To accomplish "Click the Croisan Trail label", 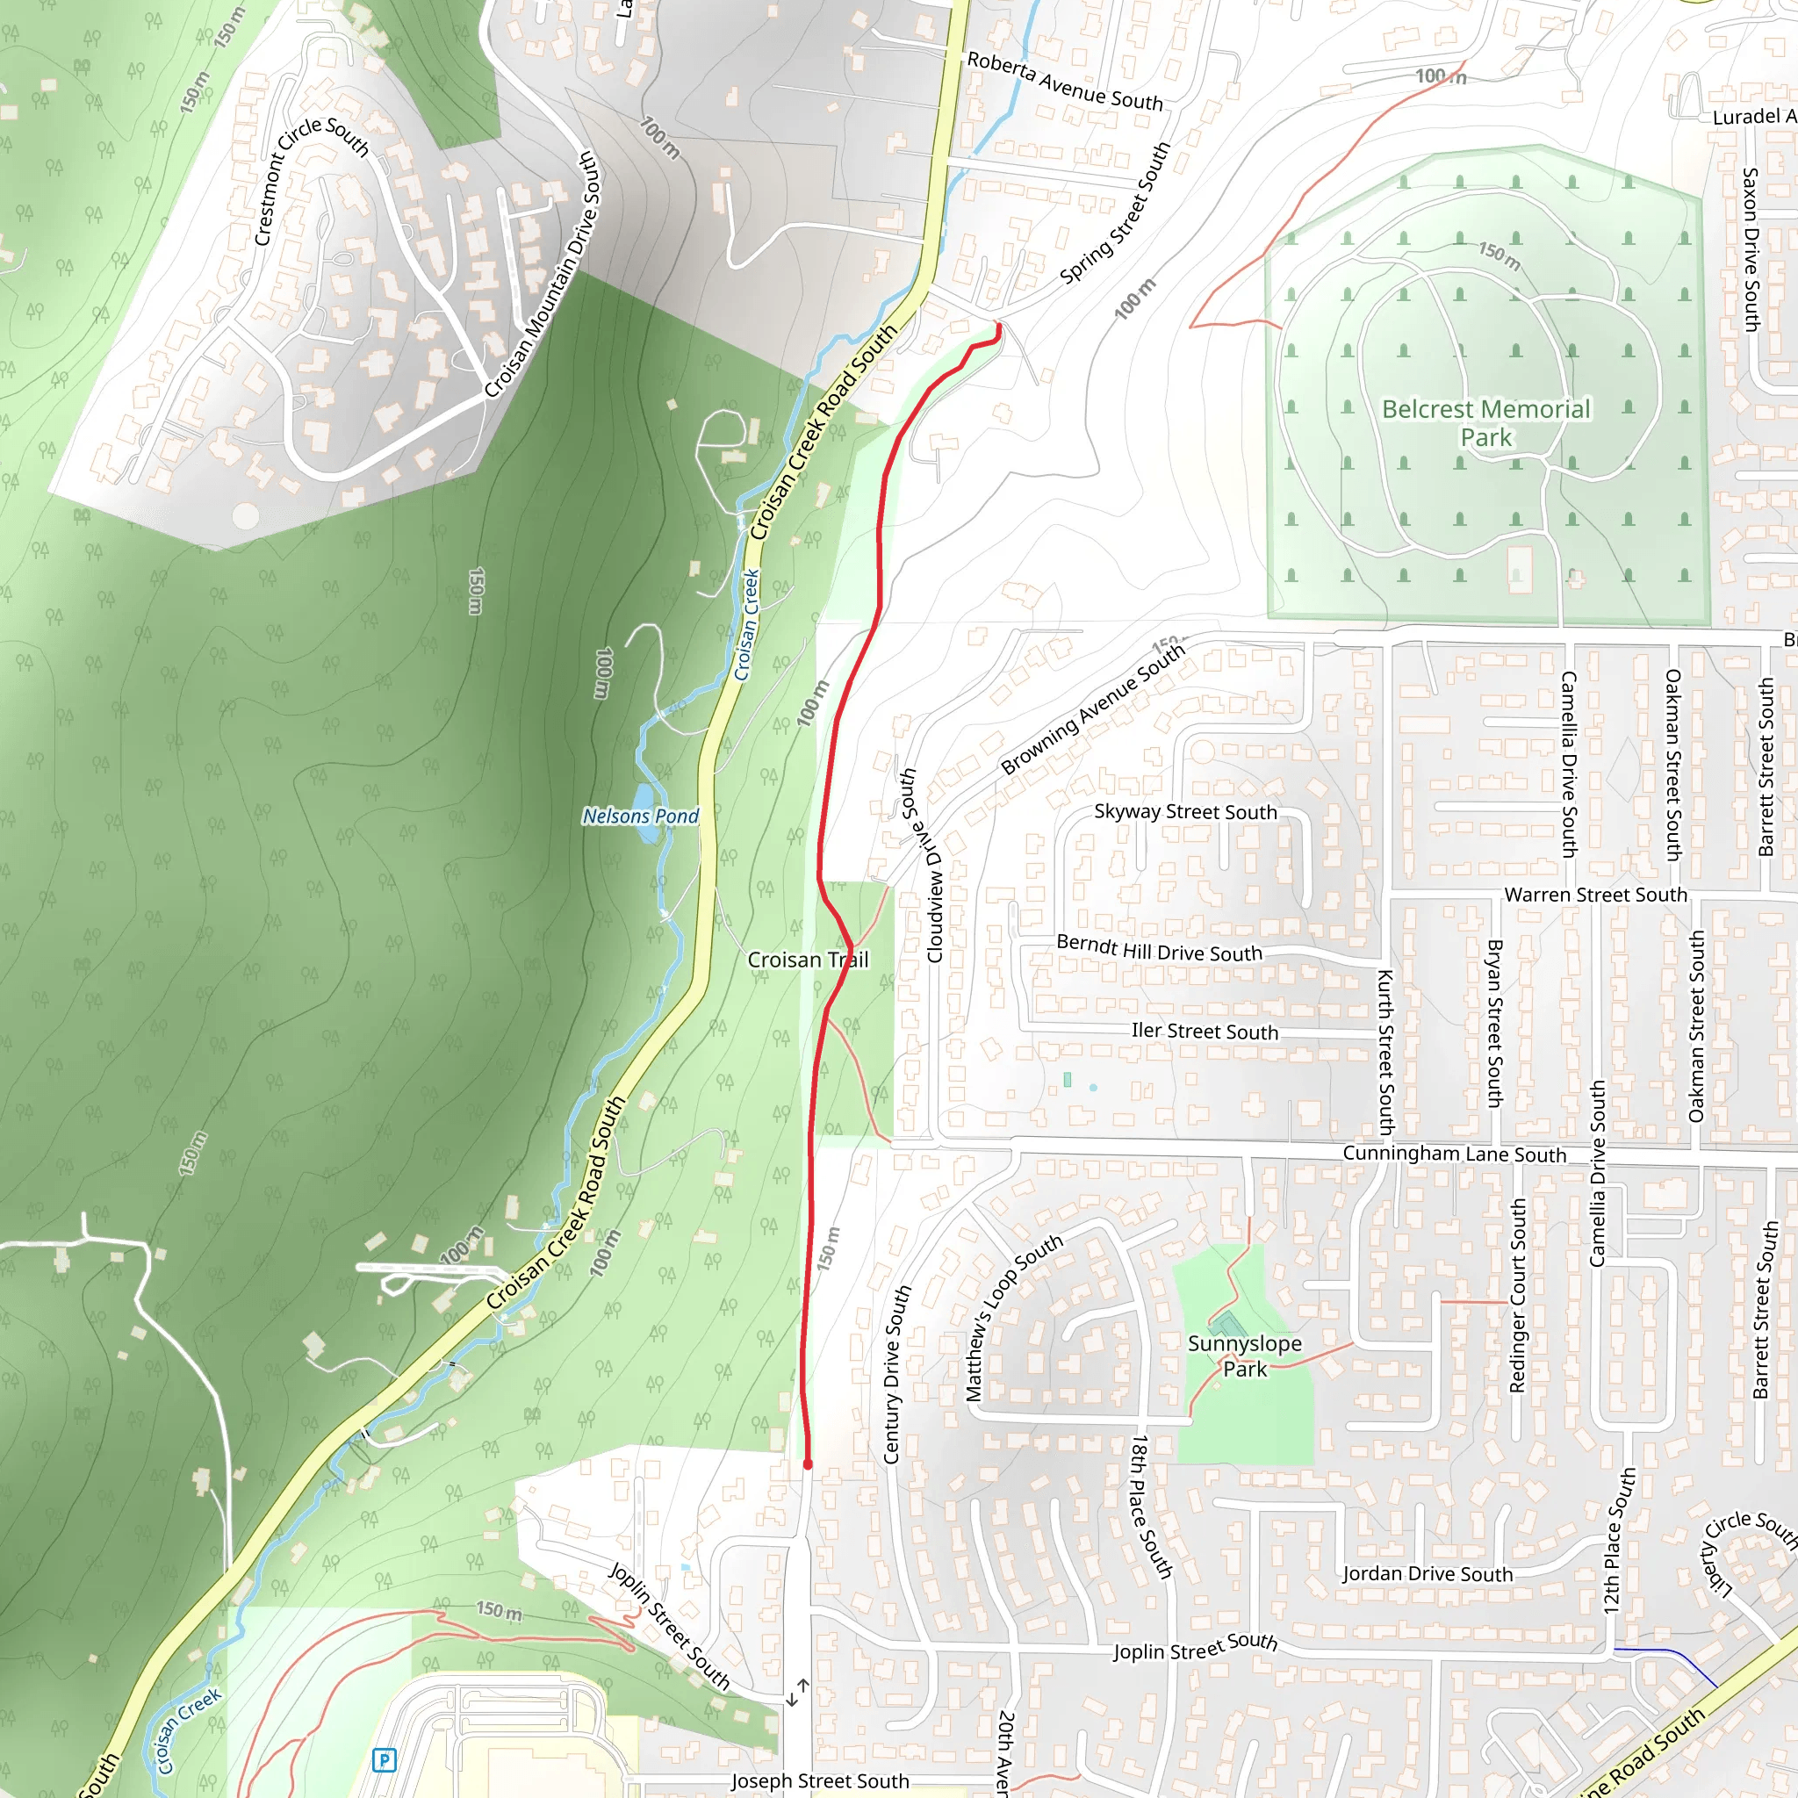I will point(808,960).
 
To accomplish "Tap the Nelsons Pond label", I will point(640,816).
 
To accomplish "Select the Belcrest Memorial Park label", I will point(1485,422).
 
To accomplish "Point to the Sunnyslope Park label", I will point(1244,1356).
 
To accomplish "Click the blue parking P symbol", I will point(384,1760).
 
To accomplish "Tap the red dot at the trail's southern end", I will point(808,1465).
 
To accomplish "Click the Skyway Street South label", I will point(1184,811).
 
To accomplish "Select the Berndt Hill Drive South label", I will point(1159,949).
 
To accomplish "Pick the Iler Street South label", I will point(1205,1032).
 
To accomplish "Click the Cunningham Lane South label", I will point(1454,1154).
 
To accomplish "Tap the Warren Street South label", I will point(1595,895).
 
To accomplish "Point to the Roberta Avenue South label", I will point(1065,82).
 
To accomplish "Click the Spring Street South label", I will point(1115,214).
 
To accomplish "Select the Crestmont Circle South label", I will point(310,181).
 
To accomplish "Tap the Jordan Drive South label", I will point(1427,1574).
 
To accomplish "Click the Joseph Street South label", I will point(820,1781).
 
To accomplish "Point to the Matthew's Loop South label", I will point(1012,1318).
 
